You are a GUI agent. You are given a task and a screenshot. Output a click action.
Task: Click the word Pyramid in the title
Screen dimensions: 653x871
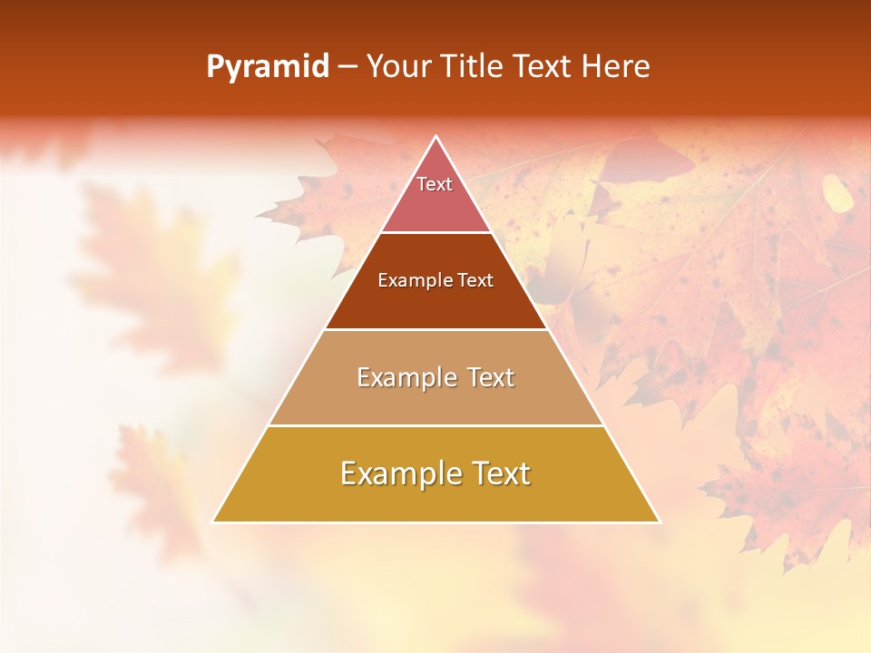267,67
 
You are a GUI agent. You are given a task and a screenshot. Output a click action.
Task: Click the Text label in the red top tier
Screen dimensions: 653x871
435,184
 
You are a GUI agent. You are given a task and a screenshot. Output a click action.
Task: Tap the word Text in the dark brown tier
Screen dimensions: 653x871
475,281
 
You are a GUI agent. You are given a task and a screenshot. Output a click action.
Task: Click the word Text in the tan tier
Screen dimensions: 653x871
490,377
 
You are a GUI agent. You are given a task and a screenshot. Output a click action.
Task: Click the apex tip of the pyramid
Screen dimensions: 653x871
436,138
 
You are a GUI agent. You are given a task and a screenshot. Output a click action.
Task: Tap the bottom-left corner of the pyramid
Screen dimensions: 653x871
214,521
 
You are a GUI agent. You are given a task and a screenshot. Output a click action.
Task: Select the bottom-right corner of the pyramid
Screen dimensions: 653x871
659,521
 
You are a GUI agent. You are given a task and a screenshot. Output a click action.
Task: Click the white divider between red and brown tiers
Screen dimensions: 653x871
436,233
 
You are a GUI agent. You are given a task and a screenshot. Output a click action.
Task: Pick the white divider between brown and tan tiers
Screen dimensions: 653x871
436,329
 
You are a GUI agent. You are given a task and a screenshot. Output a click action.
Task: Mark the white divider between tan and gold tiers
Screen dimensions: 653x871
436,425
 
